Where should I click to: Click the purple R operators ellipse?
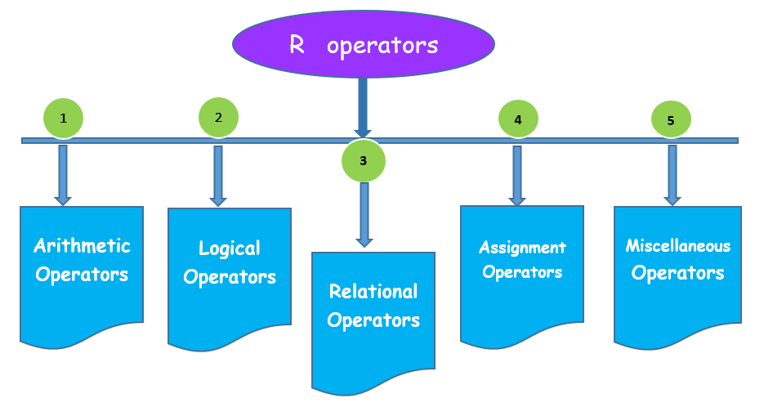(364, 44)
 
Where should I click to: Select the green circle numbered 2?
(218, 117)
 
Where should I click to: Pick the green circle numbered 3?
(364, 161)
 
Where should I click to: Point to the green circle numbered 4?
(518, 119)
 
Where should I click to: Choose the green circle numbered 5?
(671, 120)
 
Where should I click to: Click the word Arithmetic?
(82, 245)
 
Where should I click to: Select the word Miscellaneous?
(677, 245)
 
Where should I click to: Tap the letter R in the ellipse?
(297, 45)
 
